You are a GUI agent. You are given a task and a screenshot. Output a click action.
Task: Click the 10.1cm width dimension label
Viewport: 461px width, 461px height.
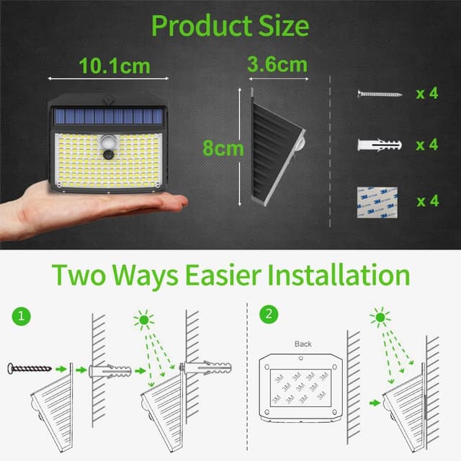(x=115, y=66)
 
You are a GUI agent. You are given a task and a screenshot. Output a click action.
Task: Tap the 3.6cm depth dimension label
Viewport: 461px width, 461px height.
(x=277, y=63)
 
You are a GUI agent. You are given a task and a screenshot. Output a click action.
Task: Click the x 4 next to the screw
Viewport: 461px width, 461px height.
(x=426, y=94)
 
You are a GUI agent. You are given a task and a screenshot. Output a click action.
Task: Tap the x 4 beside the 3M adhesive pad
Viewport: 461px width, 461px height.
(x=426, y=200)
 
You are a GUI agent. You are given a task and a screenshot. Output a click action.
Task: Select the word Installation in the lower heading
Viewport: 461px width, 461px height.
(x=338, y=276)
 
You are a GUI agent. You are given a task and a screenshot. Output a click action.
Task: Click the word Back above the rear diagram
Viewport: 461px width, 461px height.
(x=303, y=344)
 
